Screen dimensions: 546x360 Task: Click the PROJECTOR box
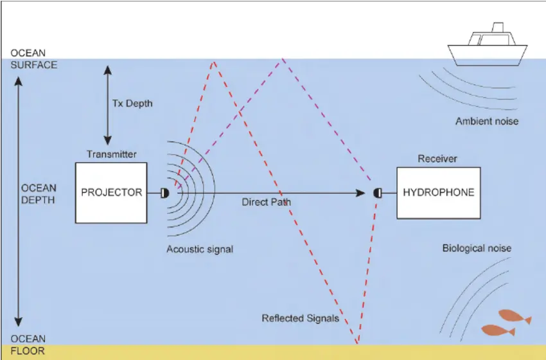(111, 193)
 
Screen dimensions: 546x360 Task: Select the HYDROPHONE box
(439, 193)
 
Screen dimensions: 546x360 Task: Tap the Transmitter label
(111, 154)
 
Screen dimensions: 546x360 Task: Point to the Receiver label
(437, 159)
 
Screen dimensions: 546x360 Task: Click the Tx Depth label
(132, 104)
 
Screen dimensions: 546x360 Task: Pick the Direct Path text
(267, 202)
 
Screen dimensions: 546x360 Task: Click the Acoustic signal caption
(200, 249)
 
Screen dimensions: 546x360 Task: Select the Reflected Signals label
(301, 318)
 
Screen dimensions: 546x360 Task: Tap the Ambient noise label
(487, 122)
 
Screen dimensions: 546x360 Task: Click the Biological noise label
(477, 248)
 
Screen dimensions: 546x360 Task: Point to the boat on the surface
(488, 45)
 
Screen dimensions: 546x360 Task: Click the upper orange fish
(515, 317)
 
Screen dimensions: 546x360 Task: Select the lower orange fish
(498, 330)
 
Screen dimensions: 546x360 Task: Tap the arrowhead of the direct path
(361, 193)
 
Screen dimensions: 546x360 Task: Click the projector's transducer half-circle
(165, 193)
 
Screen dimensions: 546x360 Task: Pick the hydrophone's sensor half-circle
(377, 193)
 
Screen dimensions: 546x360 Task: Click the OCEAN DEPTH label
(39, 194)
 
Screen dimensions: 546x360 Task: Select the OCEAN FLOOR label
(28, 345)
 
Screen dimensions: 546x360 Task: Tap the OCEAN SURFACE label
(34, 59)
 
